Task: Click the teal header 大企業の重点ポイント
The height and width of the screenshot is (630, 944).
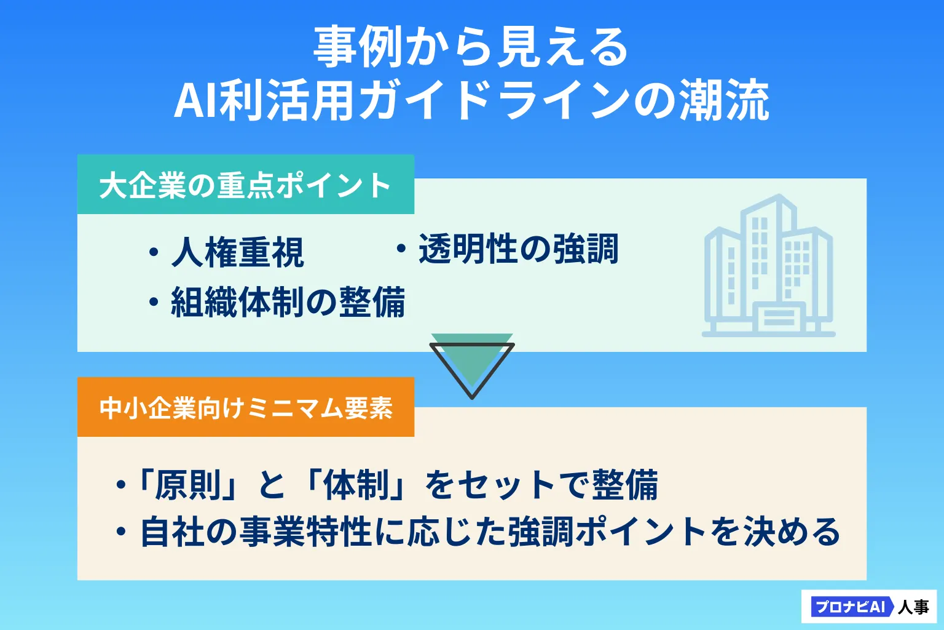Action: pyautogui.click(x=245, y=185)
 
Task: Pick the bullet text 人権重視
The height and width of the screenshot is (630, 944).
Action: pyautogui.click(x=238, y=252)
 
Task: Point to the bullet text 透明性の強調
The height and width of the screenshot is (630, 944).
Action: pyautogui.click(x=518, y=249)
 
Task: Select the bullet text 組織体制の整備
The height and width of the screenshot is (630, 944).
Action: pyautogui.click(x=288, y=301)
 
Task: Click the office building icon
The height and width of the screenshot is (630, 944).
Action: pyautogui.click(x=769, y=265)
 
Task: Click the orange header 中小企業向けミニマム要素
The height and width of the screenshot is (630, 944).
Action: pyautogui.click(x=245, y=407)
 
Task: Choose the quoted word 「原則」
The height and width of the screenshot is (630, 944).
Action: pyautogui.click(x=187, y=484)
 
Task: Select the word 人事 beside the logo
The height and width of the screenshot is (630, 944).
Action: pyautogui.click(x=913, y=607)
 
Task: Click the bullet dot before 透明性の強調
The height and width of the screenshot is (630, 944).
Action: pyautogui.click(x=401, y=248)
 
